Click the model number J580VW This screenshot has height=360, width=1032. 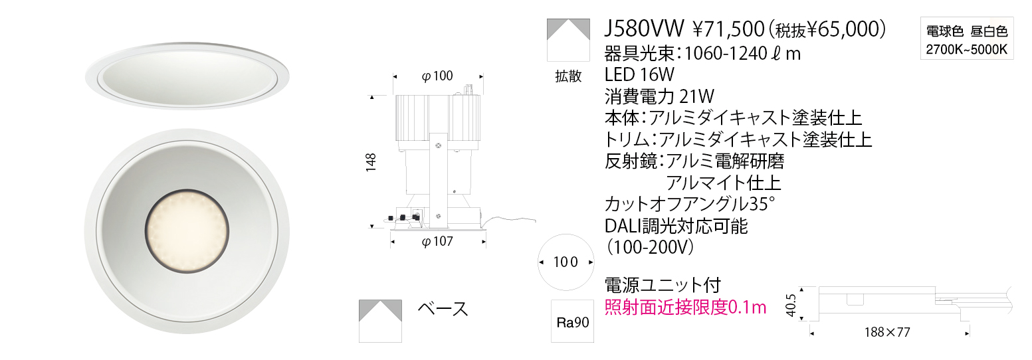pos(644,29)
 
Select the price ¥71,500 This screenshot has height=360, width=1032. pos(728,30)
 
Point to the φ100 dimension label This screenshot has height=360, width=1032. pos(437,76)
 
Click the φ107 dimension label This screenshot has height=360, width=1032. pos(437,241)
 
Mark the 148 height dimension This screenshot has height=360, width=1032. pos(371,163)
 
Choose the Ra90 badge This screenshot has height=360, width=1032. pos(572,321)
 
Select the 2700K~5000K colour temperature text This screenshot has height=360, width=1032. pos(967,50)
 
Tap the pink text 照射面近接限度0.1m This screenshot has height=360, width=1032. pos(686,307)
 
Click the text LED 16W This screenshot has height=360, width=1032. pos(639,74)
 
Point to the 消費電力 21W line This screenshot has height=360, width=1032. pos(659,96)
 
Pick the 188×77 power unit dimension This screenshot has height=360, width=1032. pos(887,332)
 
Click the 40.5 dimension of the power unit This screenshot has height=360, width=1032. pos(791,306)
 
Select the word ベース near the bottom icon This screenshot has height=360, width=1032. pos(443,308)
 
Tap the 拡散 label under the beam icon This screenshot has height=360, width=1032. pos(569,76)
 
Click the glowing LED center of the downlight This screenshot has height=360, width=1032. pos(187,232)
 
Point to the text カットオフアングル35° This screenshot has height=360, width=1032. pos(690,204)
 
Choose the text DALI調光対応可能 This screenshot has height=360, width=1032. pos(676,226)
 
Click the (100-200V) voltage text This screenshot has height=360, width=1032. pos(650,248)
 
